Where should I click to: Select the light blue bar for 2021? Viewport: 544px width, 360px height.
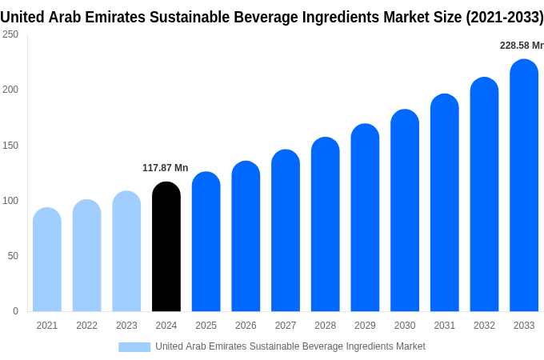[47, 259]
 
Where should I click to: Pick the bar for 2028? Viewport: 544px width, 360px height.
[326, 224]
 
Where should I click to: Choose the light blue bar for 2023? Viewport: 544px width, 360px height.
[126, 251]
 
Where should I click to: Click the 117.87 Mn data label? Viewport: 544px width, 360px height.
[165, 168]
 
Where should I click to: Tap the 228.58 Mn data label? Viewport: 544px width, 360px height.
[521, 46]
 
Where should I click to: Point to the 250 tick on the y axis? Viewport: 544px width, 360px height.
[10, 34]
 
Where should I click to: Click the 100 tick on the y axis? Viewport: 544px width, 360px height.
[10, 201]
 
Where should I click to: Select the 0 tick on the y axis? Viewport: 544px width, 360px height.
[15, 311]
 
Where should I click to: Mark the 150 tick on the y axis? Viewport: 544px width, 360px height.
[10, 146]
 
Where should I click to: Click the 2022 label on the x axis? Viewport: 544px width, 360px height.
[86, 326]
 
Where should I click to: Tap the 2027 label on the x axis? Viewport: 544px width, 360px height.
[286, 326]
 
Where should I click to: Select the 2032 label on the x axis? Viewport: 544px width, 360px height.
[484, 326]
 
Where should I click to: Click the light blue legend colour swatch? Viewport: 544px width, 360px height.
[134, 346]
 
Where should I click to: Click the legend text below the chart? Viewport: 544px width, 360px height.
[290, 346]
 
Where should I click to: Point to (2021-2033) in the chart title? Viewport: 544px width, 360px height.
[504, 18]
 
